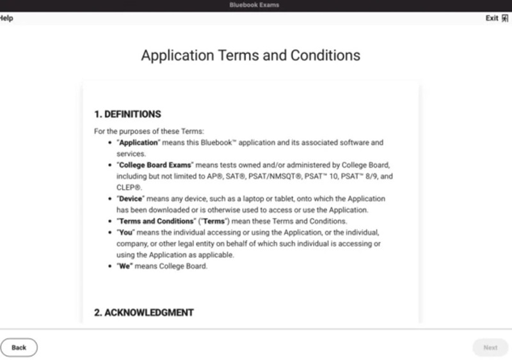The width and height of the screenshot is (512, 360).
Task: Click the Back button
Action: (19, 347)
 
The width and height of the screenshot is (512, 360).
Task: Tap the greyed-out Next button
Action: (490, 347)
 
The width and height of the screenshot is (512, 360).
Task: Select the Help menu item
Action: (6, 18)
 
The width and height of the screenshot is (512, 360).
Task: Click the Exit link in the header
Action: (492, 18)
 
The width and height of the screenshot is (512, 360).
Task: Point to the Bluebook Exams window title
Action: (254, 5)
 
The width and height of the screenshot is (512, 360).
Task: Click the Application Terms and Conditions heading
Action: (250, 55)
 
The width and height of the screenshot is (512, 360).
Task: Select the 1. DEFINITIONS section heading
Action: (127, 114)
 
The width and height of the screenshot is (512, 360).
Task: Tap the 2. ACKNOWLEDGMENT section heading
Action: (144, 313)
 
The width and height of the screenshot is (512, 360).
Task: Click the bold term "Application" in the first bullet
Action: (139, 143)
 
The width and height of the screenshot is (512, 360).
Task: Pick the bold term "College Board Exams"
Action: (155, 165)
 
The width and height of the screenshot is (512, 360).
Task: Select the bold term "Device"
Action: (132, 199)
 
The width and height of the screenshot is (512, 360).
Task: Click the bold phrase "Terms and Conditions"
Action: (156, 221)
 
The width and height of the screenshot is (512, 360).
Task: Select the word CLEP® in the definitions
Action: (129, 187)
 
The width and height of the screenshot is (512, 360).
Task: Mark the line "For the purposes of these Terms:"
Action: (148, 131)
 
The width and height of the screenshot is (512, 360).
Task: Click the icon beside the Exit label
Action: (505, 18)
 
